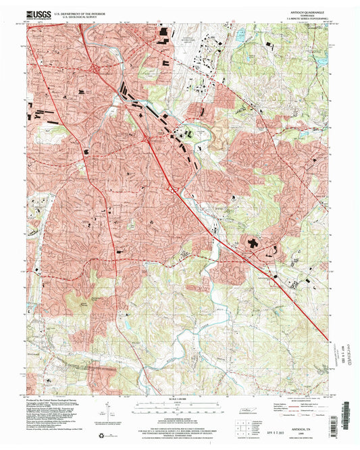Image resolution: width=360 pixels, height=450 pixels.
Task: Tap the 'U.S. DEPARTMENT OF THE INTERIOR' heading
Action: click(82, 11)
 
